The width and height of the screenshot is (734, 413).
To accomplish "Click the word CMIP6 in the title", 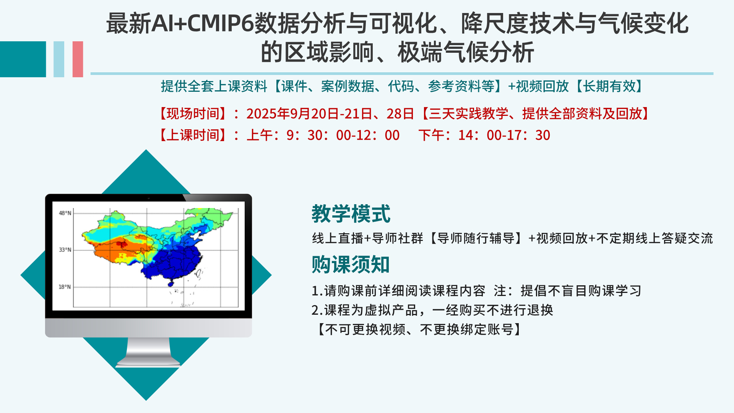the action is point(221,23).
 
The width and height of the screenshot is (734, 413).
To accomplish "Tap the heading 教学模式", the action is point(351,213).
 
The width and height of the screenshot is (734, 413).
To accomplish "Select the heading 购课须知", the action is point(351,264).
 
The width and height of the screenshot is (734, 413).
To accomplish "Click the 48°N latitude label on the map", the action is point(65,213).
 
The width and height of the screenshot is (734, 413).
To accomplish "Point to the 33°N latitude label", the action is point(65,250).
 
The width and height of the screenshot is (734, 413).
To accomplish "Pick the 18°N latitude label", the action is point(65,287).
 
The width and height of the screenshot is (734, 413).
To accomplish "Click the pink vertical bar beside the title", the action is point(78,59).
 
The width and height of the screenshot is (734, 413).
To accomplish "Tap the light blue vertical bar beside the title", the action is point(59,59).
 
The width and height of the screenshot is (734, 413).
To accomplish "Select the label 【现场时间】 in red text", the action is point(193,114).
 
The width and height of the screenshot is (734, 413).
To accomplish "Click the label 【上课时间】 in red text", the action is point(193,135).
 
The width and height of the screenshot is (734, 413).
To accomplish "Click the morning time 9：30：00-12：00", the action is point(343,135).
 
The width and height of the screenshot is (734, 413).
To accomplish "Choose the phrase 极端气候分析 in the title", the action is point(466,52).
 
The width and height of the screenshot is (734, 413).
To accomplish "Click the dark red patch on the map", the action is point(122,244).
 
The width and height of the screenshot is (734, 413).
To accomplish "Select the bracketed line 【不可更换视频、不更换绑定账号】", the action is point(418,329).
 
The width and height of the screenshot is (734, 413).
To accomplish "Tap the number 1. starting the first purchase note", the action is point(317,291).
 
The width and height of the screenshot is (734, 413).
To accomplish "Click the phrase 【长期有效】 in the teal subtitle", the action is point(610,86).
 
